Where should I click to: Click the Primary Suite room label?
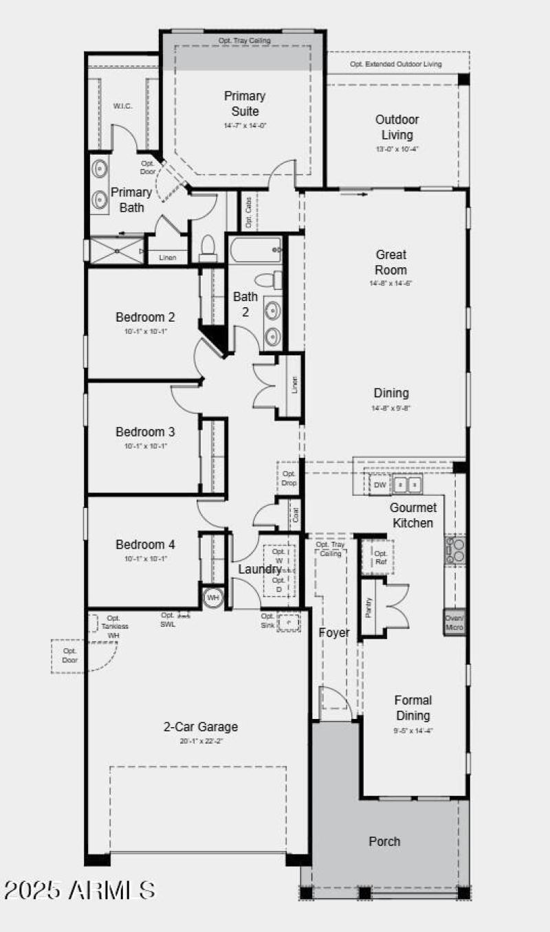coord(244,104)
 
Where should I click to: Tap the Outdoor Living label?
coord(397,127)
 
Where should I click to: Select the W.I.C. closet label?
coord(122,106)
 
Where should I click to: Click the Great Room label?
coord(390,262)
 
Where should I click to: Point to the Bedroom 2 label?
coord(145,318)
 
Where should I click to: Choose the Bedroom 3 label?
coord(145,432)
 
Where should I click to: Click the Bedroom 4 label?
coord(145,544)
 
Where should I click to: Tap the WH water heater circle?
coord(213,597)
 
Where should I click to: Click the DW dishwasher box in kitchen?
coord(380,485)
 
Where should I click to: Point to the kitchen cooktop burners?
coord(454,551)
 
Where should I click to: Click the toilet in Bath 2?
coord(269,280)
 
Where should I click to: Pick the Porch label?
coord(384,841)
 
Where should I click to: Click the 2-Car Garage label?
coord(201,726)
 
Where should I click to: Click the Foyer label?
coord(334,632)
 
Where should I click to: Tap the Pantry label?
coord(369,608)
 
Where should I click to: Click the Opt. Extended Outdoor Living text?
coord(395,65)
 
